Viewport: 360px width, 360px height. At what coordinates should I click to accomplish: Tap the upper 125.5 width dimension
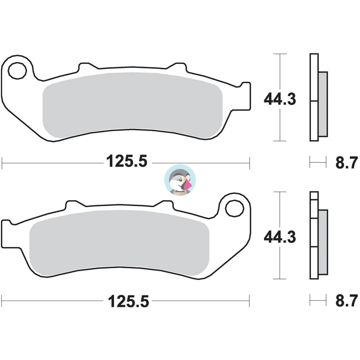point(126,161)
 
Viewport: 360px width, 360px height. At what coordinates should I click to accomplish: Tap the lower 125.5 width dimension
point(129,301)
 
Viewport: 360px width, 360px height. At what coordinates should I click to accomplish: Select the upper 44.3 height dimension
point(279,99)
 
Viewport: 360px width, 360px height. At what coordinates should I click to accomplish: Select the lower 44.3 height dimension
point(279,237)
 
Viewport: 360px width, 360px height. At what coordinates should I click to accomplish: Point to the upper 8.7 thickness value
point(346,162)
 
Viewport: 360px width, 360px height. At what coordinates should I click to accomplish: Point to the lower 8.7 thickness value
point(346,301)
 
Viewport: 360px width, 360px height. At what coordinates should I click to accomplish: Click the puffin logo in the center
point(180,180)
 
